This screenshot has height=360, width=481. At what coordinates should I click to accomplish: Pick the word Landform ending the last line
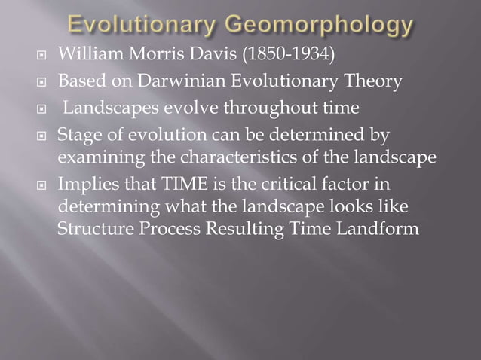pyautogui.click(x=378, y=229)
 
